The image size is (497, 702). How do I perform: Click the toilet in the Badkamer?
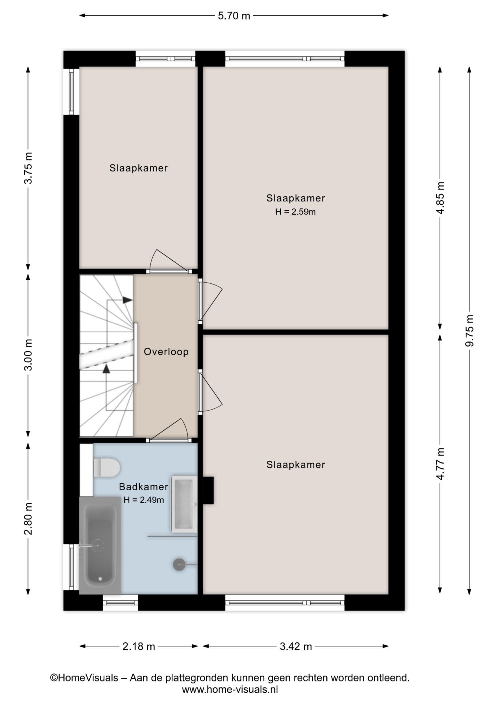106,468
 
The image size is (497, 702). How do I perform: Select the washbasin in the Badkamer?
184,503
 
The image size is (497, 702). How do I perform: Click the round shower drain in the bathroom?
179,565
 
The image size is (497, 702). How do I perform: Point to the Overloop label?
166,352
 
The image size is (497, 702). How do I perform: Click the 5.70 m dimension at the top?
234,16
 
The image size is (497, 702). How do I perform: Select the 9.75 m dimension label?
470,331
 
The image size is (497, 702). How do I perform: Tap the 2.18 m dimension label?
139,646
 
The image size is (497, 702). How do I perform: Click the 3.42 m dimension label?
296,646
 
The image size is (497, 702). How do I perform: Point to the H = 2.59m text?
295,212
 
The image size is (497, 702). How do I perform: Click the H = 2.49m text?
143,500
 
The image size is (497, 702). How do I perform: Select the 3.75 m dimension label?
28,168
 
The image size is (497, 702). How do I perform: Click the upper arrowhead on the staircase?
127,300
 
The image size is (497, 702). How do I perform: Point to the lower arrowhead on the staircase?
106,369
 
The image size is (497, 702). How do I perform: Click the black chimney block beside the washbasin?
208,491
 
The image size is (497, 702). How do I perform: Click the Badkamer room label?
143,487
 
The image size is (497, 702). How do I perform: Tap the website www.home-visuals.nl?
230,690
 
